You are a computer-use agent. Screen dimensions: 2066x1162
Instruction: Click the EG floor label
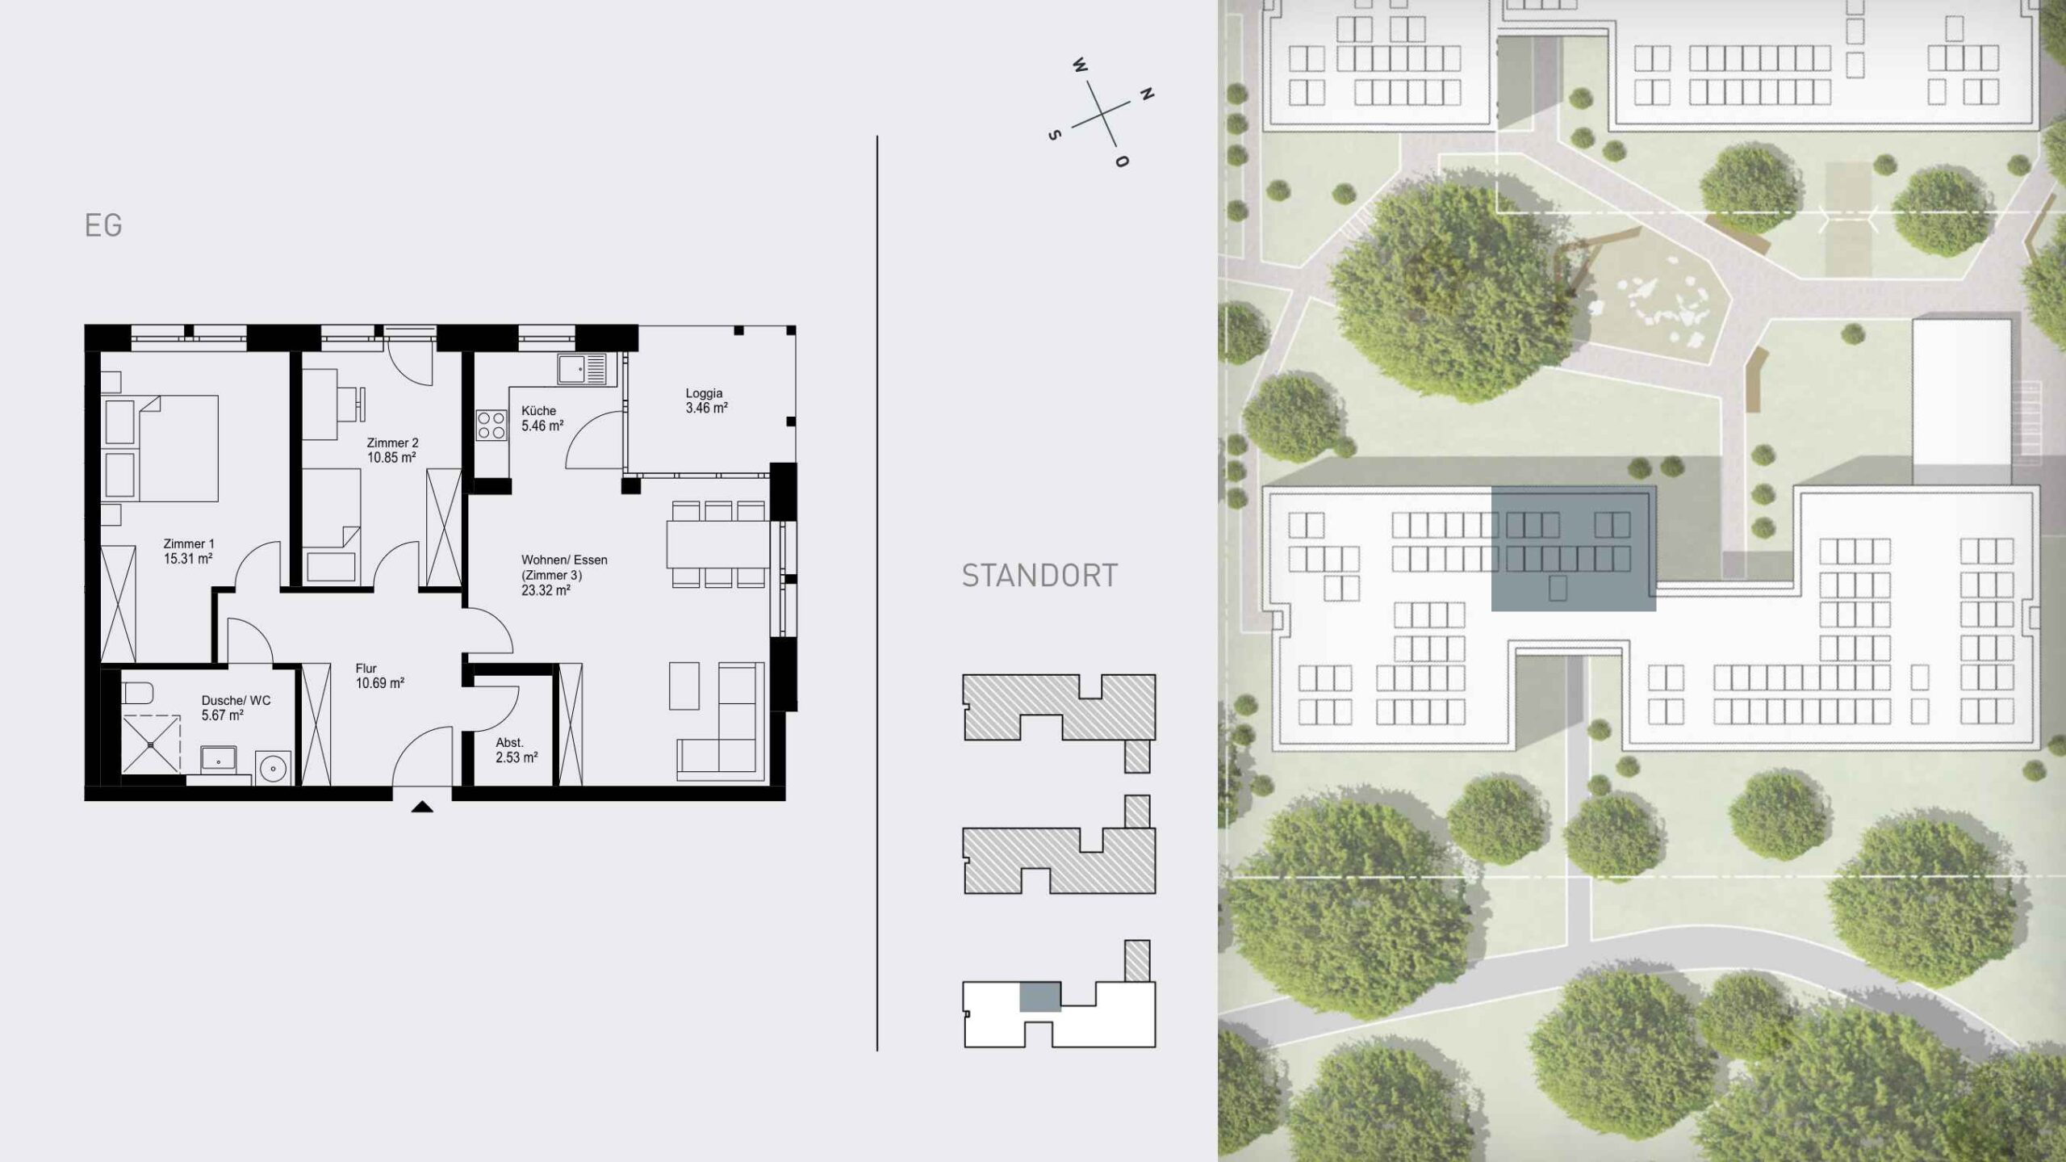point(103,225)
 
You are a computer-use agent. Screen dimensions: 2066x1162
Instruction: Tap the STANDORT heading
point(1039,576)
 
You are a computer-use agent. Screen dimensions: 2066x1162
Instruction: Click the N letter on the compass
point(1146,94)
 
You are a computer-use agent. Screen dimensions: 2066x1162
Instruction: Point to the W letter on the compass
point(1080,65)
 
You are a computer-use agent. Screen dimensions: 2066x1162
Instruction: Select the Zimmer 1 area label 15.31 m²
point(188,559)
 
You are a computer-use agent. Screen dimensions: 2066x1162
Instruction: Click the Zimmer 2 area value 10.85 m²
point(391,458)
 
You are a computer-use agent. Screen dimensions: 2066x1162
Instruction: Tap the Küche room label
point(538,410)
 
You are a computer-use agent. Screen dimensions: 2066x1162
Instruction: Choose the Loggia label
point(704,393)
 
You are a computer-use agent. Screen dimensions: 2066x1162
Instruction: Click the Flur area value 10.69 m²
point(379,683)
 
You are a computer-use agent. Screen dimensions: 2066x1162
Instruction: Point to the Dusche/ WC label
point(236,700)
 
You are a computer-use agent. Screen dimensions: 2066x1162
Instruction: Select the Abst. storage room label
point(509,742)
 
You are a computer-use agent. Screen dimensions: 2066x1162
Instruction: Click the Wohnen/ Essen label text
point(564,560)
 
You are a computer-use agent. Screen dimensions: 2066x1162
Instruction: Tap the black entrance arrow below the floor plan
point(422,807)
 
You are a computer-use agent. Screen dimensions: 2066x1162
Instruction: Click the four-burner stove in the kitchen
point(491,425)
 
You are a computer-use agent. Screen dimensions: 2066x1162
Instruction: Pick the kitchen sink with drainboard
point(581,371)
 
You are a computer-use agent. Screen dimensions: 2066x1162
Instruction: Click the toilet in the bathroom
point(139,693)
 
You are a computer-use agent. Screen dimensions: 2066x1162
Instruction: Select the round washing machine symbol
point(274,769)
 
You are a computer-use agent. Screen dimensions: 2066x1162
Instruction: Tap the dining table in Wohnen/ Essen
point(717,544)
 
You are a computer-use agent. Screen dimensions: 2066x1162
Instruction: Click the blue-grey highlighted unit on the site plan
point(1573,548)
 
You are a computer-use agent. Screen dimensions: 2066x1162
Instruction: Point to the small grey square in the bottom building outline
point(1039,997)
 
